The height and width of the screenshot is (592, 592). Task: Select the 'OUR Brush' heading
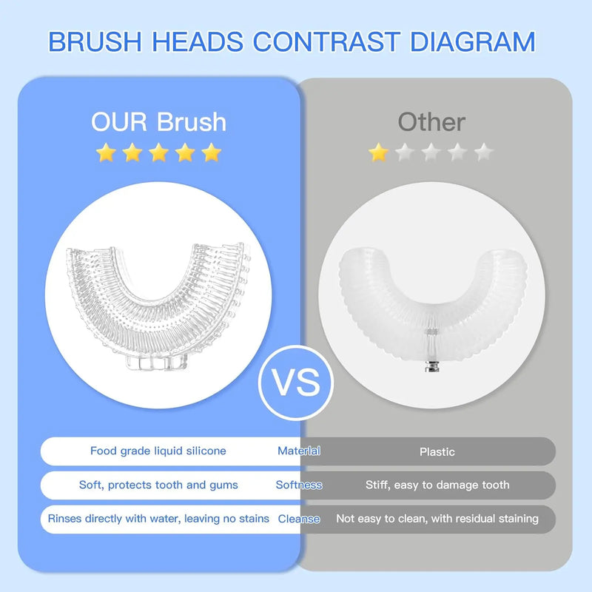tap(158, 121)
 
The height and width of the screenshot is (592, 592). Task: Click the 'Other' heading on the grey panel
tap(431, 121)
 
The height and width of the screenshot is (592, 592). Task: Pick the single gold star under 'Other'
tap(379, 153)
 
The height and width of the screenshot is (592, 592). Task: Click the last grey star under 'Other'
tap(483, 153)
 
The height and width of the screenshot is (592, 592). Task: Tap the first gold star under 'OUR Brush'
tap(106, 153)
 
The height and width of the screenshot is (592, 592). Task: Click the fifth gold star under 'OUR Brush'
tap(212, 153)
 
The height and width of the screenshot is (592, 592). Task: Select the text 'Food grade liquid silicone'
tap(158, 451)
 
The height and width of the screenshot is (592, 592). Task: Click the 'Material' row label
tap(299, 451)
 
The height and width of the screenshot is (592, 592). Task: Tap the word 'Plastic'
tap(437, 451)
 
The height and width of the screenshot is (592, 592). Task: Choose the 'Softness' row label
tap(299, 485)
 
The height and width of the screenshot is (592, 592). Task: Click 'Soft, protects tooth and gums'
tap(158, 485)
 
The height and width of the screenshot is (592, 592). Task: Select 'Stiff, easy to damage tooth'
tap(437, 485)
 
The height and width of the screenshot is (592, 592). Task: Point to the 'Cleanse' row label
tap(299, 519)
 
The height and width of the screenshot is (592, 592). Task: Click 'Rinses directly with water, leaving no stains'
tap(158, 519)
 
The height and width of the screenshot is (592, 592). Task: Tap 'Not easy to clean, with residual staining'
tap(437, 519)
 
